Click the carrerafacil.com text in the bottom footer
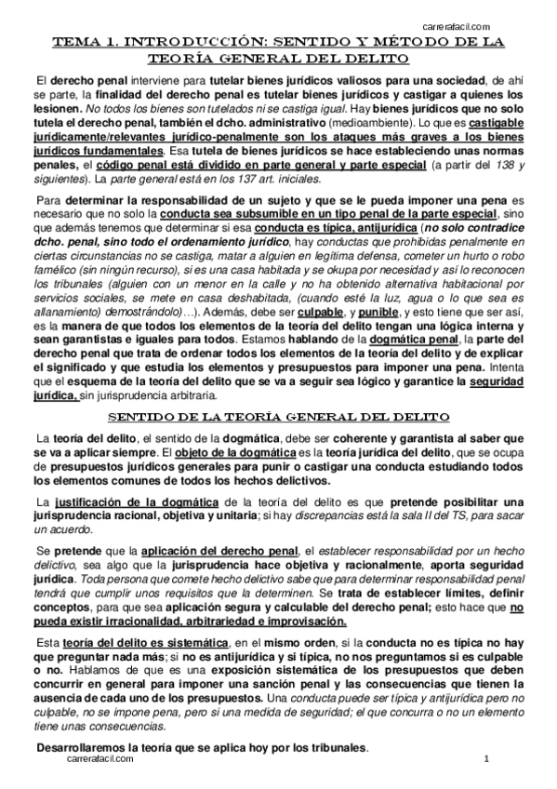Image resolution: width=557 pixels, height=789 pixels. tap(101, 759)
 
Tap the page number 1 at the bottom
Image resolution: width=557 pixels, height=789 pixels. tap(486, 759)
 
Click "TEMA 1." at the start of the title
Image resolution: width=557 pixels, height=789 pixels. tap(86, 43)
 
